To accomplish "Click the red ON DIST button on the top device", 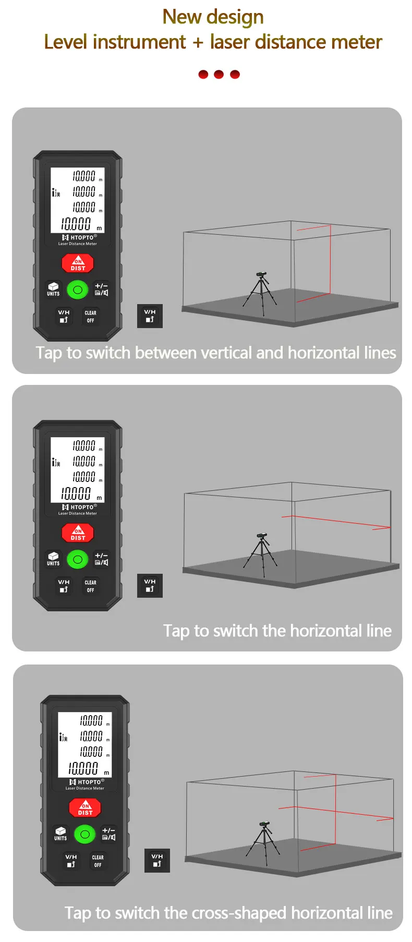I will click(x=78, y=263).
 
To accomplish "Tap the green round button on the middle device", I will click(x=78, y=559).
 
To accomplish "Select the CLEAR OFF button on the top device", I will click(x=90, y=317).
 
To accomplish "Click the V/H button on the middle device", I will click(x=64, y=586).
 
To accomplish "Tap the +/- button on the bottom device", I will click(x=108, y=834).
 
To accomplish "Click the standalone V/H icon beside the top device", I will click(x=150, y=316).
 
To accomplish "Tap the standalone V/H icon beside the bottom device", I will click(x=157, y=860).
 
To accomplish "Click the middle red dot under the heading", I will click(x=219, y=75).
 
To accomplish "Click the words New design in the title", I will click(x=213, y=17).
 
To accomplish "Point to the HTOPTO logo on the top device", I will click(x=79, y=237).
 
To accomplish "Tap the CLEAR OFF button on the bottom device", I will click(x=98, y=861).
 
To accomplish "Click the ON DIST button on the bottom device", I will click(x=85, y=808).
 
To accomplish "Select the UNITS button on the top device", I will click(x=53, y=289).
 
